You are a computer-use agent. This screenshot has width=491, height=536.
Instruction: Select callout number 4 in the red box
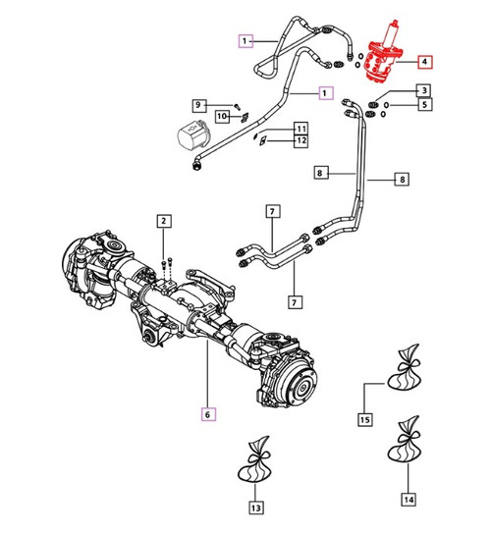click(x=423, y=62)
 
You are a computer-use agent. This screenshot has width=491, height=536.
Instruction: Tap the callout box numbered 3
click(x=423, y=90)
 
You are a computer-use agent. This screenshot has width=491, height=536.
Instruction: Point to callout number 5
click(x=423, y=104)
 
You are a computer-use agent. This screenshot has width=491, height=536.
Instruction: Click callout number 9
click(x=197, y=104)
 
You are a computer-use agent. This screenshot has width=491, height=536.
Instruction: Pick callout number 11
click(x=300, y=129)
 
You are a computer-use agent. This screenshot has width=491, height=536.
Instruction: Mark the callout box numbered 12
click(x=300, y=142)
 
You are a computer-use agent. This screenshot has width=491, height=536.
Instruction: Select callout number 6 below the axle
click(x=207, y=413)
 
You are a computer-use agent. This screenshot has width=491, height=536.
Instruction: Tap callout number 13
click(x=255, y=508)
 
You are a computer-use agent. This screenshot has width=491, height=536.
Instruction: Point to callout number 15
click(x=365, y=420)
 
